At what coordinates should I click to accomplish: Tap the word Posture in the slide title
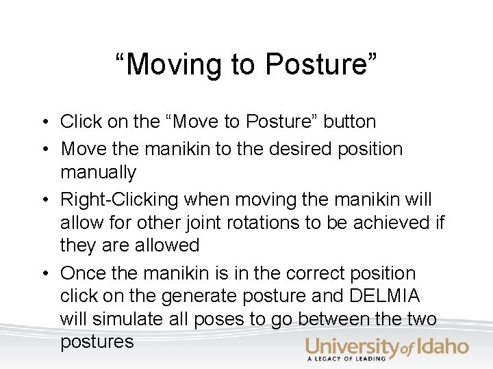(320, 65)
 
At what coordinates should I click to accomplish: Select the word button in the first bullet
(350, 122)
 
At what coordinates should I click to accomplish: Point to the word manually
(98, 172)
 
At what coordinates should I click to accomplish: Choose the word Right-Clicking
(120, 200)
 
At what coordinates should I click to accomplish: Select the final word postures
(97, 342)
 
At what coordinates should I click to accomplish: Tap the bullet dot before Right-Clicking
(42, 200)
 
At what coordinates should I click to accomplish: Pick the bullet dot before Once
(42, 274)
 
